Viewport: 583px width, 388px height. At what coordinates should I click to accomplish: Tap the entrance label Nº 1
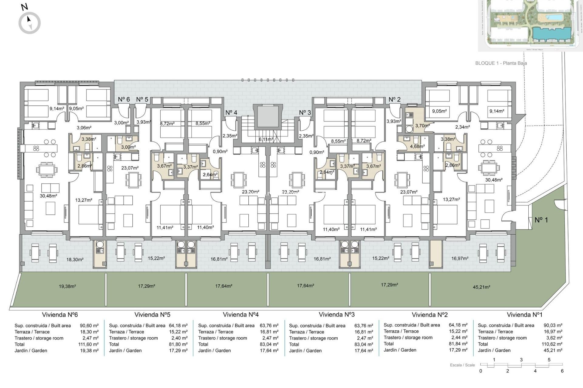pos(541,220)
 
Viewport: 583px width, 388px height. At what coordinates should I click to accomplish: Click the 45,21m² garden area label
pos(481,287)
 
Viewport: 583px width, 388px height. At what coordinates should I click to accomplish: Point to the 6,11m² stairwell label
pos(266,139)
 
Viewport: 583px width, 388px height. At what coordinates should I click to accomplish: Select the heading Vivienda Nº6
pos(60,315)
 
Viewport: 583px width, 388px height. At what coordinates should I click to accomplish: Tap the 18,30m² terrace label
pos(75,259)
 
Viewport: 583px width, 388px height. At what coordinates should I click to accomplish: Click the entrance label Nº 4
pos(231,112)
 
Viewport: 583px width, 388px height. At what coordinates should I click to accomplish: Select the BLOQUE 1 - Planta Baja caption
pos(501,63)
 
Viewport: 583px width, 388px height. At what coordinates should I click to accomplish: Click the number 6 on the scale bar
pos(562,371)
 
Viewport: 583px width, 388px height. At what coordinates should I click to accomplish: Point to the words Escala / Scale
pos(462,365)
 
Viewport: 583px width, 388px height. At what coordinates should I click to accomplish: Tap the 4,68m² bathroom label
pos(417,146)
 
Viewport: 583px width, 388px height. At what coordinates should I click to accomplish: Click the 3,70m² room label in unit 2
pos(422,125)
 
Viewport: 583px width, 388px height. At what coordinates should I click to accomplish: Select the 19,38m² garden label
pos(67,286)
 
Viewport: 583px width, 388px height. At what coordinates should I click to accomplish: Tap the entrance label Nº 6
pos(124,99)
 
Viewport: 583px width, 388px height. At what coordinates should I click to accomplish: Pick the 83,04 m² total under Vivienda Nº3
pos(363,344)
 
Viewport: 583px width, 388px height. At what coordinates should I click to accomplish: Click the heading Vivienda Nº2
pos(430,315)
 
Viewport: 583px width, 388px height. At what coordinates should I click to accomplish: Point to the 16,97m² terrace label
pos(460,258)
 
